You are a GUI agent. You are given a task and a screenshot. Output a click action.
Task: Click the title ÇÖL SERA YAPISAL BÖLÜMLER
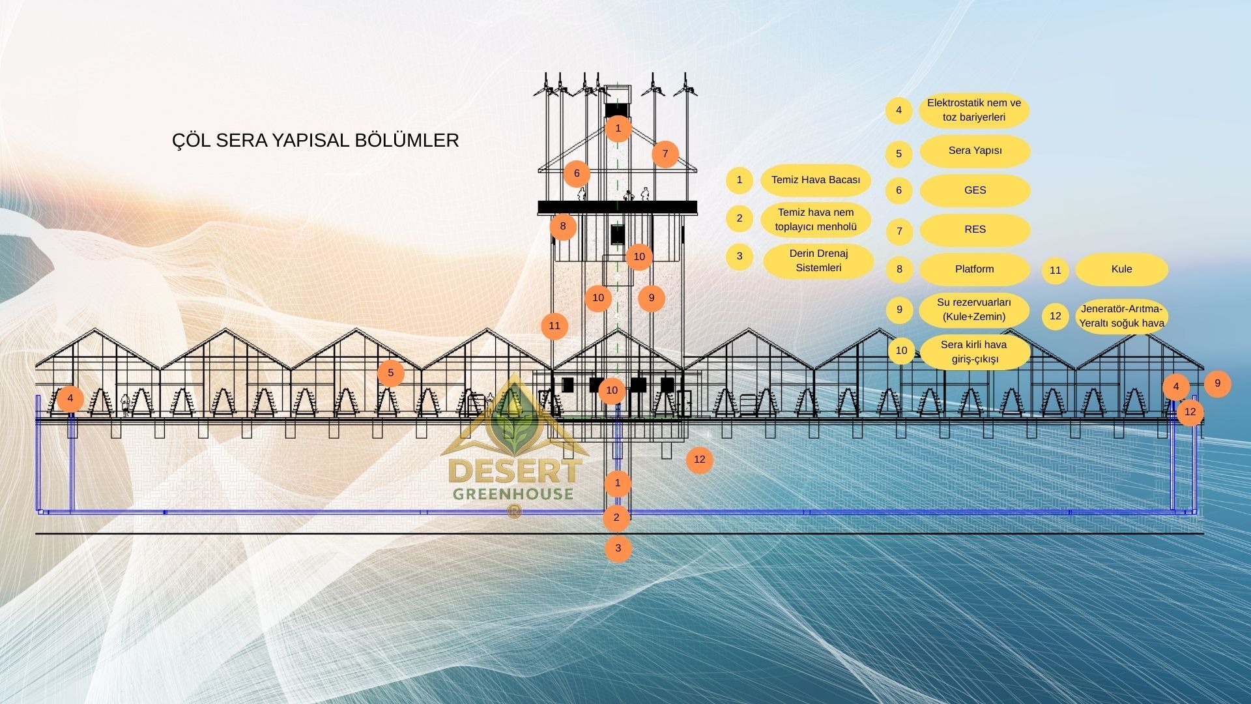tap(315, 140)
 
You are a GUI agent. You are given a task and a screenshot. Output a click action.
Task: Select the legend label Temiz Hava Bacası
tap(815, 180)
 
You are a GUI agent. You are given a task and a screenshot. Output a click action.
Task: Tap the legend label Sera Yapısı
tap(975, 151)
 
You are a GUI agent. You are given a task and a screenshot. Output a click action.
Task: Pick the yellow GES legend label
tap(975, 190)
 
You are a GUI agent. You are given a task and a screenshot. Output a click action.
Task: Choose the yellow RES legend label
tap(975, 229)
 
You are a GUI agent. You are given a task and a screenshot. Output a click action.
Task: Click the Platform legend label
tap(974, 269)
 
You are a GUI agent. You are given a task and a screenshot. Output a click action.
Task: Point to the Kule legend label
tap(1121, 269)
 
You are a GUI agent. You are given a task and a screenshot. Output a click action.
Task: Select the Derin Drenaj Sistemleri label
tap(818, 260)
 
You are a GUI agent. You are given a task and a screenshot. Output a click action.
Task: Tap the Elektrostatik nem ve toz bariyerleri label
tap(974, 110)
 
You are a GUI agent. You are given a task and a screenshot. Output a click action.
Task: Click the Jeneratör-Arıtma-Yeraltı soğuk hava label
tap(1121, 316)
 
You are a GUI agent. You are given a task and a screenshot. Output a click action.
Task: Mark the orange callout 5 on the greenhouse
tap(391, 374)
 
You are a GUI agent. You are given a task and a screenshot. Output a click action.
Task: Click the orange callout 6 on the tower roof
tap(577, 174)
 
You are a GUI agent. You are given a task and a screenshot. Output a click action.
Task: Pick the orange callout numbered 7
tap(665, 154)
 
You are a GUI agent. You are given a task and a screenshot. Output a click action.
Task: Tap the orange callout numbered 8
tap(563, 227)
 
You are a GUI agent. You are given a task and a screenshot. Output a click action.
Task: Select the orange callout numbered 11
tap(554, 326)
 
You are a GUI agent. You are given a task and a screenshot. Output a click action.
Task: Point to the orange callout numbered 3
tap(618, 548)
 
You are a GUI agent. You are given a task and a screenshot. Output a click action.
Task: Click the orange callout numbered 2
tap(616, 518)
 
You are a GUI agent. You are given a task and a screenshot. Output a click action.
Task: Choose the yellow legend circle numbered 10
tap(901, 351)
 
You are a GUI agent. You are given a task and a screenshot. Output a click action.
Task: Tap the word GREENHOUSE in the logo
tap(513, 494)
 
